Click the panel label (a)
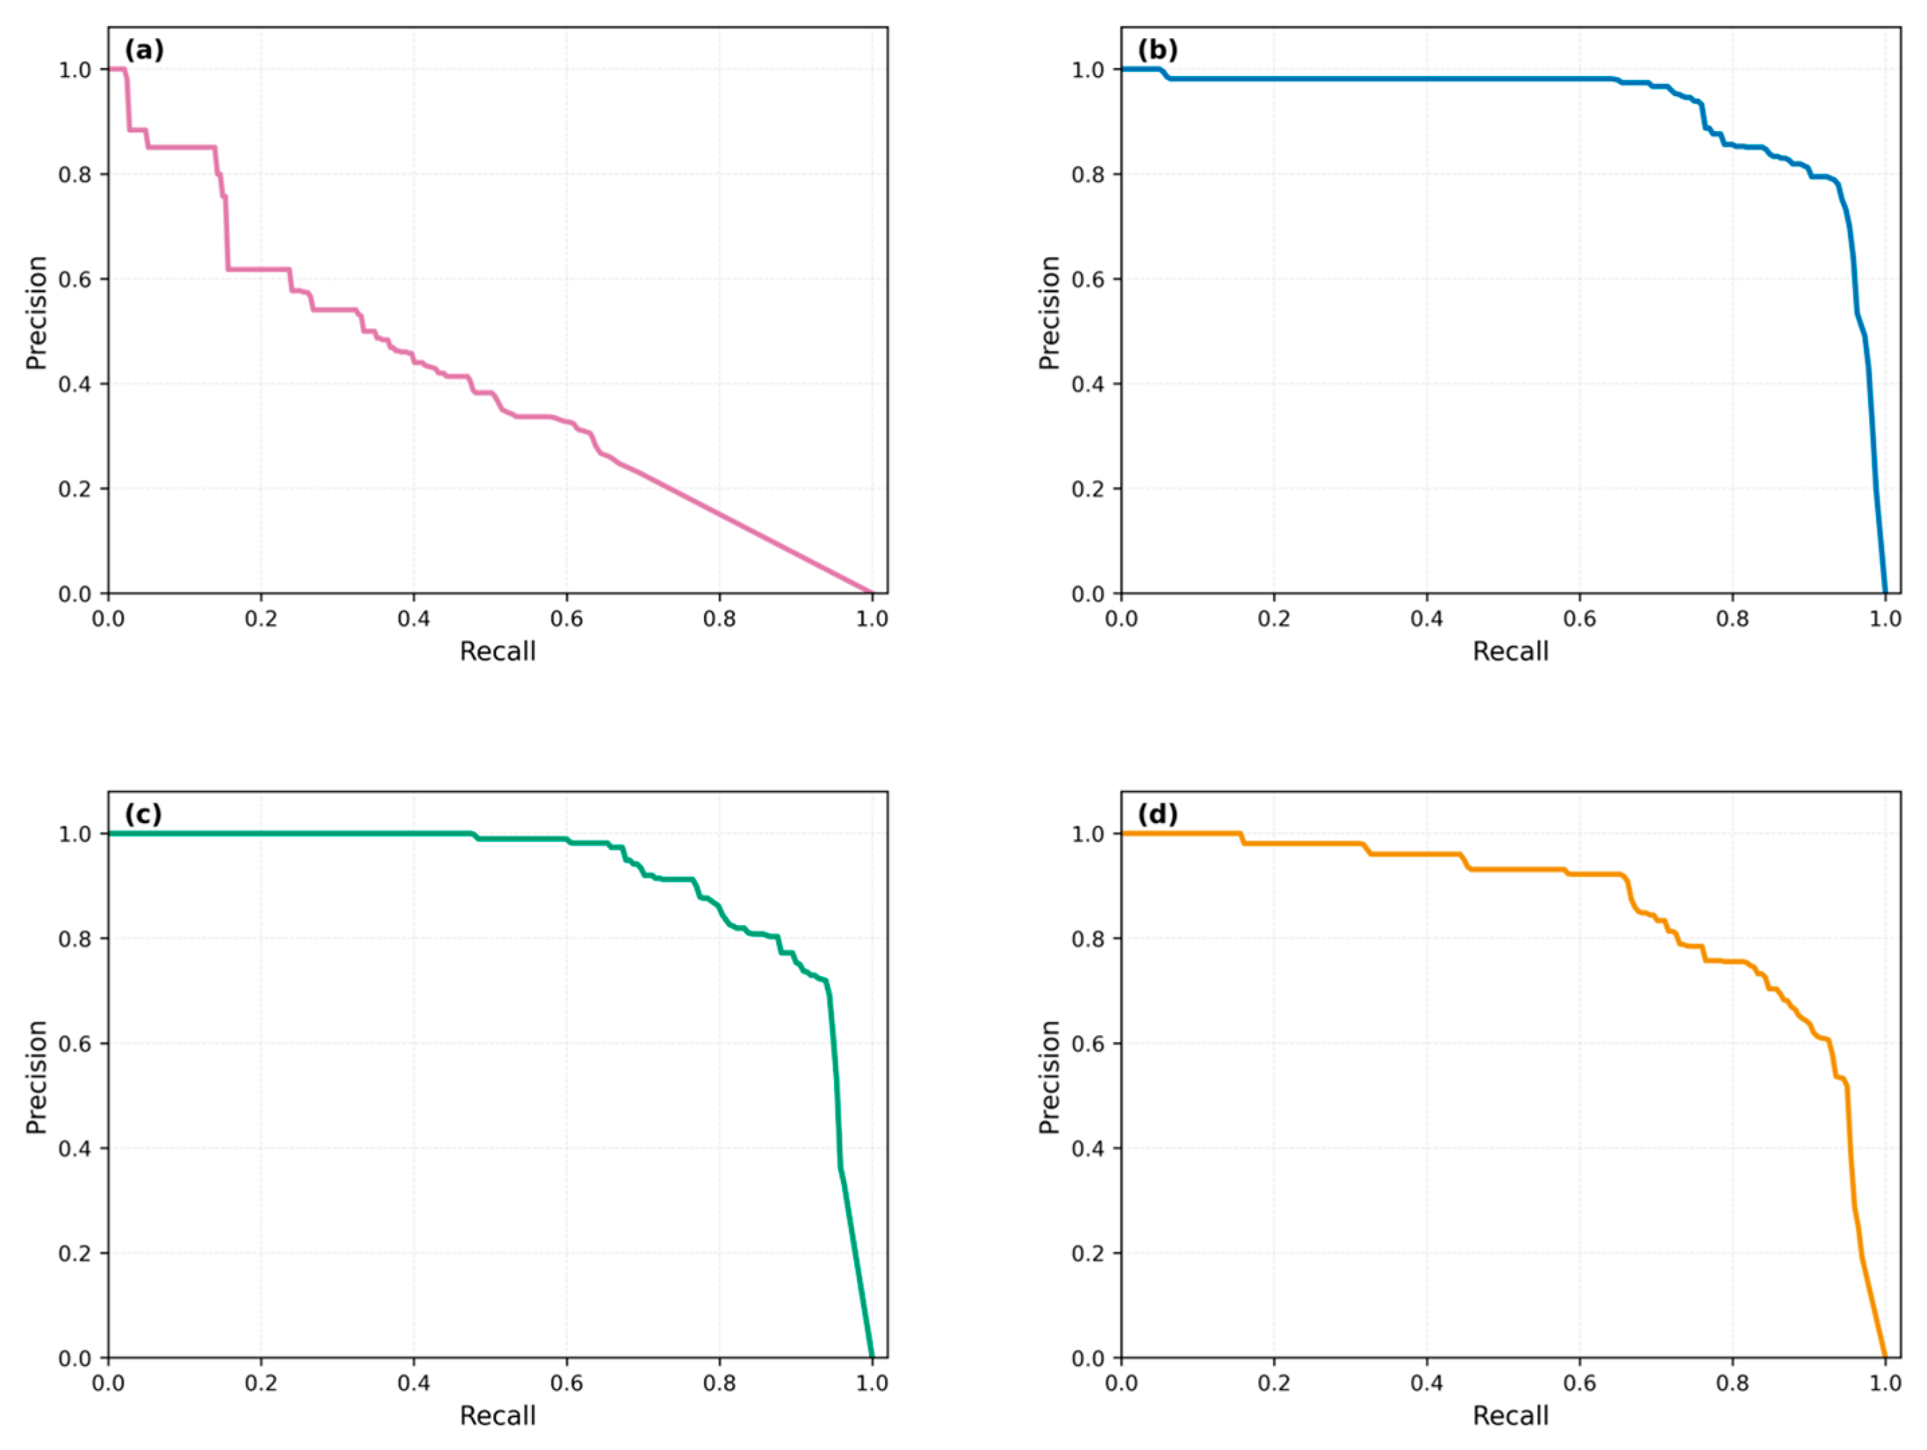point(144,50)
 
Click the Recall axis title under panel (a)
point(497,651)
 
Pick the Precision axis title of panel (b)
point(1050,312)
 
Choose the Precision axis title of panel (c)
point(37,1076)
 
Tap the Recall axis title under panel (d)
point(1510,1415)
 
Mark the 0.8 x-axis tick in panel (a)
point(719,619)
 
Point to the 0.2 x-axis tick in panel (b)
point(1273,619)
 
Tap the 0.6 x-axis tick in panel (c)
point(566,1383)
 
